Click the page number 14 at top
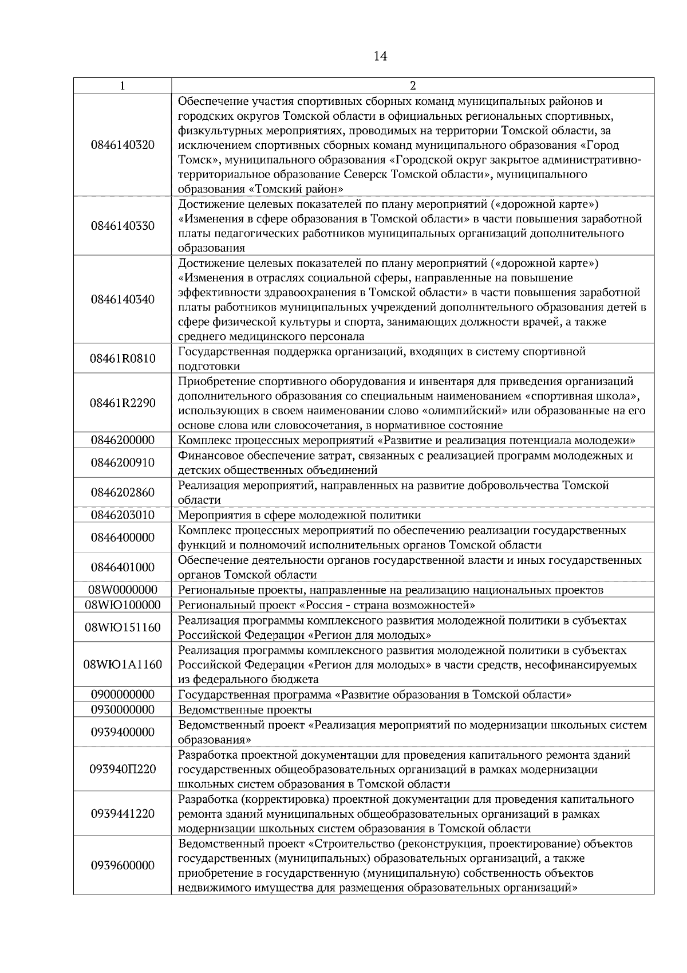pos(380,56)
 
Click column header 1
pos(123,86)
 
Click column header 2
pos(413,86)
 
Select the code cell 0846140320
pos(123,145)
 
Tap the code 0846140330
pos(123,226)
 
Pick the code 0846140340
pos(123,300)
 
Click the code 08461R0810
pos(123,359)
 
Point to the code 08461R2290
pos(123,403)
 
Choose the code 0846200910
pos(123,462)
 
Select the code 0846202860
pos(123,492)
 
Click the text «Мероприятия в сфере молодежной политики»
pos(299,515)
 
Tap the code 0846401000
pos(123,567)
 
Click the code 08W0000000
pos(123,590)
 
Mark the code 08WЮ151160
pos(123,627)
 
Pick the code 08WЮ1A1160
pos(123,665)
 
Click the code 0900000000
pos(123,695)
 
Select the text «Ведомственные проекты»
pos(245,709)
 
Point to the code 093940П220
pos(123,769)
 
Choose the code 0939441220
pos(123,814)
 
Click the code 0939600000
pos(123,865)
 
